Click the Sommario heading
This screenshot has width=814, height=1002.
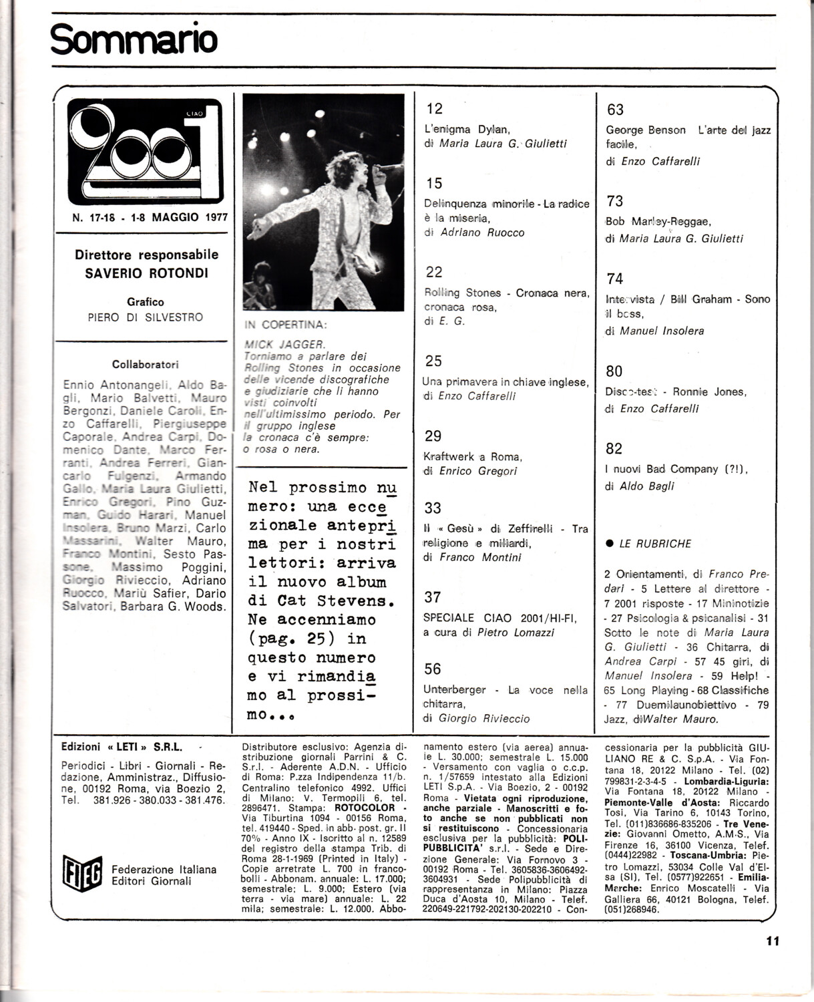pos(134,39)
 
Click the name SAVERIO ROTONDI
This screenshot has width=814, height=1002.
pos(146,273)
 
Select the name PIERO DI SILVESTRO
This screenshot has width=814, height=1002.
pos(146,317)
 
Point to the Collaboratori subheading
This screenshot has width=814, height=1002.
pos(146,365)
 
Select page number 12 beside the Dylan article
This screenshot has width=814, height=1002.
pos(434,109)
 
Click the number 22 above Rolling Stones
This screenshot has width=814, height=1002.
pos(434,272)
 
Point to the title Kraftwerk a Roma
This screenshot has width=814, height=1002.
pos(473,456)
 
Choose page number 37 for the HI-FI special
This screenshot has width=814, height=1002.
pos(433,597)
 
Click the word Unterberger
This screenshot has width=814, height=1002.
pos(459,689)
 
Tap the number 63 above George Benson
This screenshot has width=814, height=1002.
pos(615,110)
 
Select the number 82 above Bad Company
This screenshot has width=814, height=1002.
pos(614,449)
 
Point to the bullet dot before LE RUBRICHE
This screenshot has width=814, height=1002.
pos(609,544)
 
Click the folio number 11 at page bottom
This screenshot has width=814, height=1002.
pos(773,941)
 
